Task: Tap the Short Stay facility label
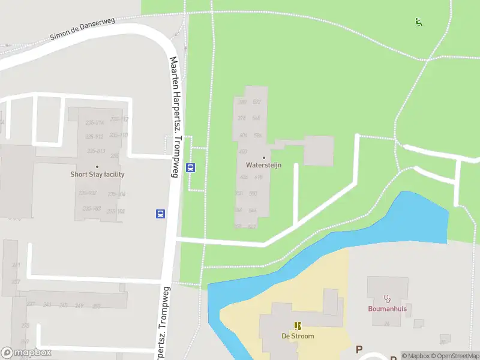pyautogui.click(x=97, y=175)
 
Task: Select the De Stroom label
pyautogui.click(x=298, y=336)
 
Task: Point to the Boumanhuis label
pyautogui.click(x=387, y=309)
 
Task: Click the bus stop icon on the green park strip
pyautogui.click(x=191, y=168)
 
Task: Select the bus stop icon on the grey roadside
pyautogui.click(x=161, y=214)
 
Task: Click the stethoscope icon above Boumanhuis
pyautogui.click(x=387, y=298)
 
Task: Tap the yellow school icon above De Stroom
pyautogui.click(x=298, y=326)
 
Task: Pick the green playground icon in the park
pyautogui.click(x=419, y=23)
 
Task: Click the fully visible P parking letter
pyautogui.click(x=359, y=349)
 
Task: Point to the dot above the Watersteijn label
pyautogui.click(x=263, y=157)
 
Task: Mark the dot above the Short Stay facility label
pyautogui.click(x=97, y=167)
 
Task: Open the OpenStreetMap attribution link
pyautogui.click(x=454, y=356)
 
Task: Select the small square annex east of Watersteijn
pyautogui.click(x=318, y=150)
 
